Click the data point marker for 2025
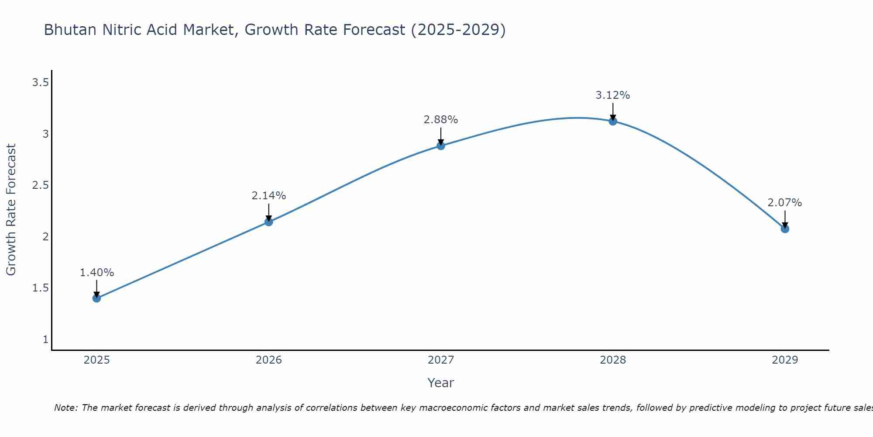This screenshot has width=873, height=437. click(96, 298)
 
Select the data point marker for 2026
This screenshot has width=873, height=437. click(269, 222)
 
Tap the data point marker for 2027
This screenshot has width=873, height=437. click(441, 146)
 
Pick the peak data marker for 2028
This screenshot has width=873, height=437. click(613, 121)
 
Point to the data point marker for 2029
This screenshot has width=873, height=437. click(785, 229)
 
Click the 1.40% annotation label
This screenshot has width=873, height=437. click(96, 273)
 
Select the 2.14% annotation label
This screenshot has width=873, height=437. click(269, 196)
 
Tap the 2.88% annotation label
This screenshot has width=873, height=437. click(441, 120)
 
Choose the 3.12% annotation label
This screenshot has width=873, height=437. click(613, 95)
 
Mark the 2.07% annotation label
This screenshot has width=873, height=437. click(785, 203)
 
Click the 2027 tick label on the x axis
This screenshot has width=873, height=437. click(441, 360)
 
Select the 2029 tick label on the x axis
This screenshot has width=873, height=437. click(785, 360)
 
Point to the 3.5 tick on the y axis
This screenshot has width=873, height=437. click(40, 82)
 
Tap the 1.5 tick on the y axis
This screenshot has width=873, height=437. click(40, 288)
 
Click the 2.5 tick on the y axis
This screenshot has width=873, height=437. click(40, 185)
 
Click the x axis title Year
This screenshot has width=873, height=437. click(441, 383)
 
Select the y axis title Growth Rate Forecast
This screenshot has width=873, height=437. click(11, 210)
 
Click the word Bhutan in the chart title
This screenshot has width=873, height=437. click(70, 30)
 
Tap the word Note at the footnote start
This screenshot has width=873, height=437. click(65, 408)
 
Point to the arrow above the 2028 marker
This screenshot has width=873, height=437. click(613, 111)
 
